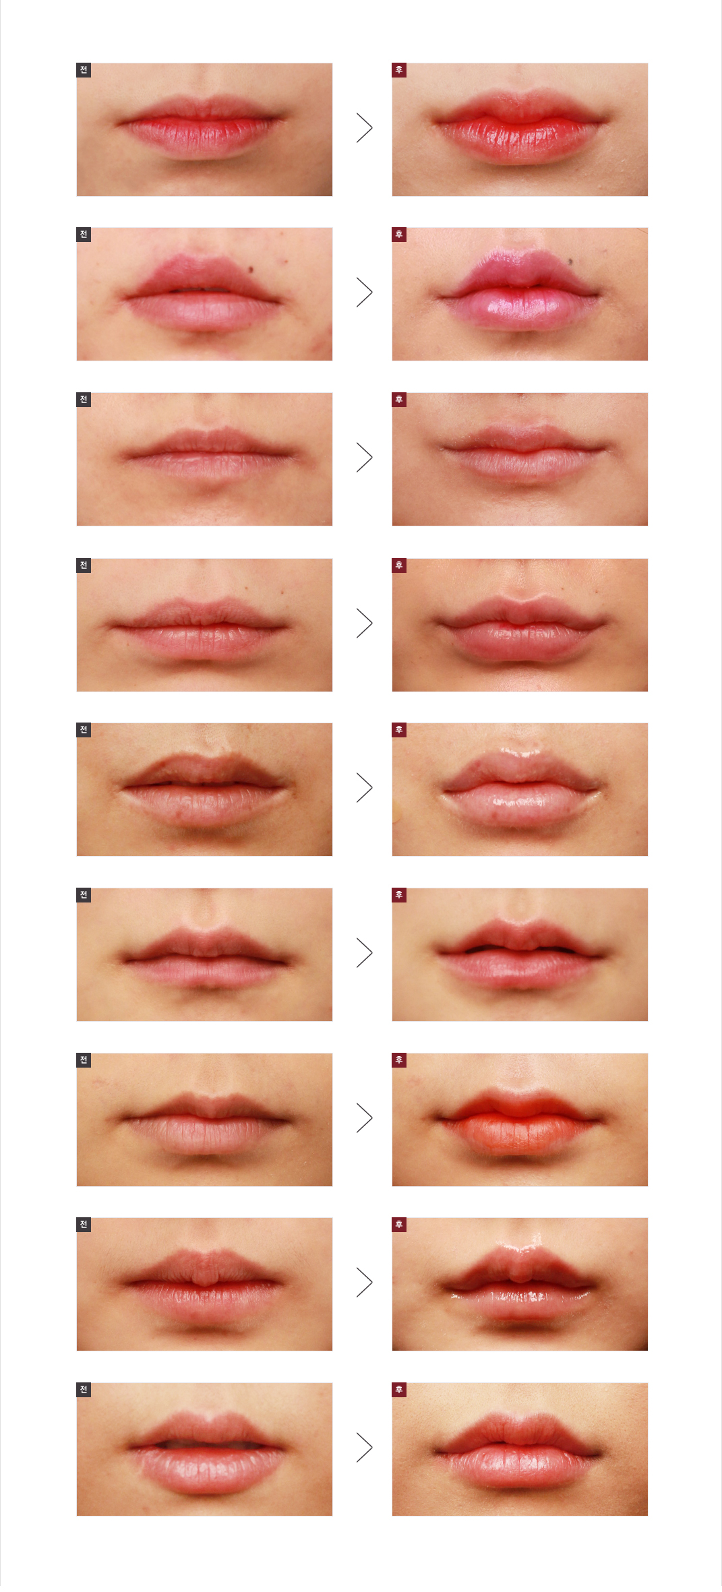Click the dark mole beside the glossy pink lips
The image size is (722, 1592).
point(570,262)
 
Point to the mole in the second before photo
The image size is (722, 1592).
point(251,270)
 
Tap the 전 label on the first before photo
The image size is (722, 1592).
point(84,70)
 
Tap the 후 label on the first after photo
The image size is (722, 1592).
point(399,70)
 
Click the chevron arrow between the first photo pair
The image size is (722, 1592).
point(364,128)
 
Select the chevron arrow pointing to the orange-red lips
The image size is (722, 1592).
point(364,1118)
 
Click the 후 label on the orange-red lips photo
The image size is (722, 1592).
point(399,1060)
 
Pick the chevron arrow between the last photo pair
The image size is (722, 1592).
point(364,1447)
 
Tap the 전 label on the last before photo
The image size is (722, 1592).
point(84,1390)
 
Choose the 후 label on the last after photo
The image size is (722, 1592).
point(399,1390)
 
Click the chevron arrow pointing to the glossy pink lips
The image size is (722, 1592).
point(364,293)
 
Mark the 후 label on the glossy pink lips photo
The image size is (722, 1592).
point(399,235)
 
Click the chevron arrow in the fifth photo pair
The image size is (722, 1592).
point(364,787)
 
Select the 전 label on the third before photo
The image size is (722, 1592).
point(84,400)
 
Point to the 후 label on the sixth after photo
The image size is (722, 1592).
point(399,895)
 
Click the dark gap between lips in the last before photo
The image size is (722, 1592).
point(202,1445)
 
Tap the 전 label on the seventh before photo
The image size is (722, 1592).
point(84,1060)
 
